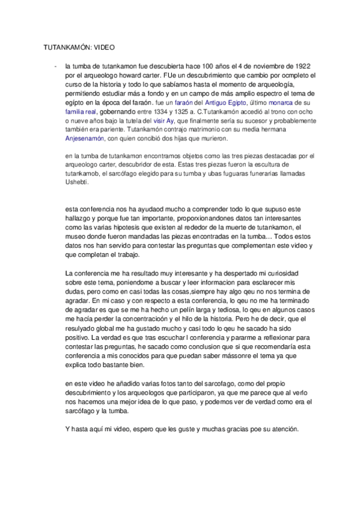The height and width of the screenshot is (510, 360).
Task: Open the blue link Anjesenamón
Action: [x=85, y=138]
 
